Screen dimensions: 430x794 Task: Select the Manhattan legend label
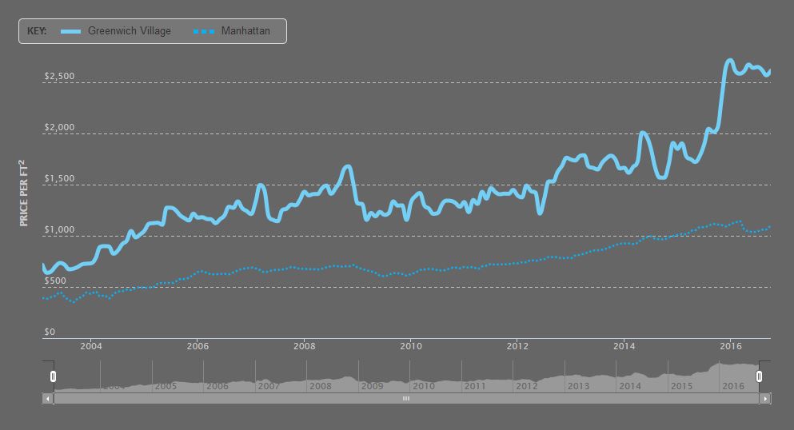pos(245,31)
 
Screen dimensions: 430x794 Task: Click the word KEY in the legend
pos(37,31)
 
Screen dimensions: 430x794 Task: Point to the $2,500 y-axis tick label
pos(60,77)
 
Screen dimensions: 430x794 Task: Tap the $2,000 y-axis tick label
pos(60,128)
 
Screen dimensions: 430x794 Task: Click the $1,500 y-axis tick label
pos(60,179)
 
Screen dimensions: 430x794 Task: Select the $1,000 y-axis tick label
pos(60,230)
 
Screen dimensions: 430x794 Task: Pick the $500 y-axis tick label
pos(56,281)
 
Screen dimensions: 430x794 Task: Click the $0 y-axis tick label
pos(50,332)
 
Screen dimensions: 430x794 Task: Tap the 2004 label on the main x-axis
pos(90,346)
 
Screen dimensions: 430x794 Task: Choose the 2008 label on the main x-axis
pos(304,346)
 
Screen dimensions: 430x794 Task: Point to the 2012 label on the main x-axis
pos(517,346)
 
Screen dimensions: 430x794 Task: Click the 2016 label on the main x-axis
pos(731,346)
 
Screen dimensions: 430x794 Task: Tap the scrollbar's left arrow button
pos(47,398)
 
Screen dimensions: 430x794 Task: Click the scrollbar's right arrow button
pos(765,398)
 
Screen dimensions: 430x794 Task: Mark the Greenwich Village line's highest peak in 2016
pos(729,60)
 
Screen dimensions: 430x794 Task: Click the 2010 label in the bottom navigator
pos(423,386)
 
